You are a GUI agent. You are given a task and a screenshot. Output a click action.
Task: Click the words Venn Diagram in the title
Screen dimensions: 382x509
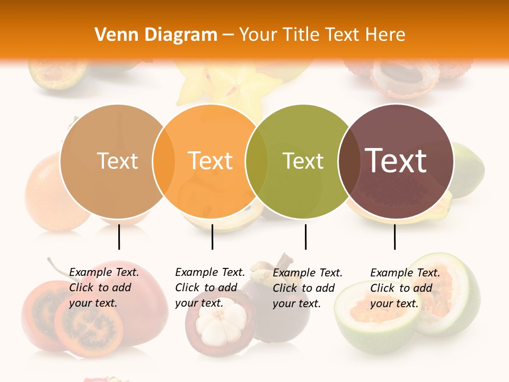tap(156, 35)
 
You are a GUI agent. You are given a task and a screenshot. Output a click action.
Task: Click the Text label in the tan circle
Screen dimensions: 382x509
tap(117, 161)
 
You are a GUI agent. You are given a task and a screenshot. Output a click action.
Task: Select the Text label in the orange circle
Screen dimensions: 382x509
tap(210, 161)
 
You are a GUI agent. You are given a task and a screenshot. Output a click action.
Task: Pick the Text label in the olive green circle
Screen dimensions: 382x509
tap(303, 161)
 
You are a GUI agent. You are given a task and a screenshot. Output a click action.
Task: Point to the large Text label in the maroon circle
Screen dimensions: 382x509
tap(396, 161)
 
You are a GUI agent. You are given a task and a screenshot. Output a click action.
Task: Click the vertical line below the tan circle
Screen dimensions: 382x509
tap(119, 237)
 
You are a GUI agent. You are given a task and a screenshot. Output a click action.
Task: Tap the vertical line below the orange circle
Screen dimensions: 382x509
tap(212, 237)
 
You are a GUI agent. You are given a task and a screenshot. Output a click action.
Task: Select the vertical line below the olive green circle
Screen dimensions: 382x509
tap(305, 237)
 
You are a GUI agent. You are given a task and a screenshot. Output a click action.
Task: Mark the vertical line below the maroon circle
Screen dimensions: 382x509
tap(395, 237)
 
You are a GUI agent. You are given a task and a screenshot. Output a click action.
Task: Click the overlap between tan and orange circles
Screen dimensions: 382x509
tap(164, 161)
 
